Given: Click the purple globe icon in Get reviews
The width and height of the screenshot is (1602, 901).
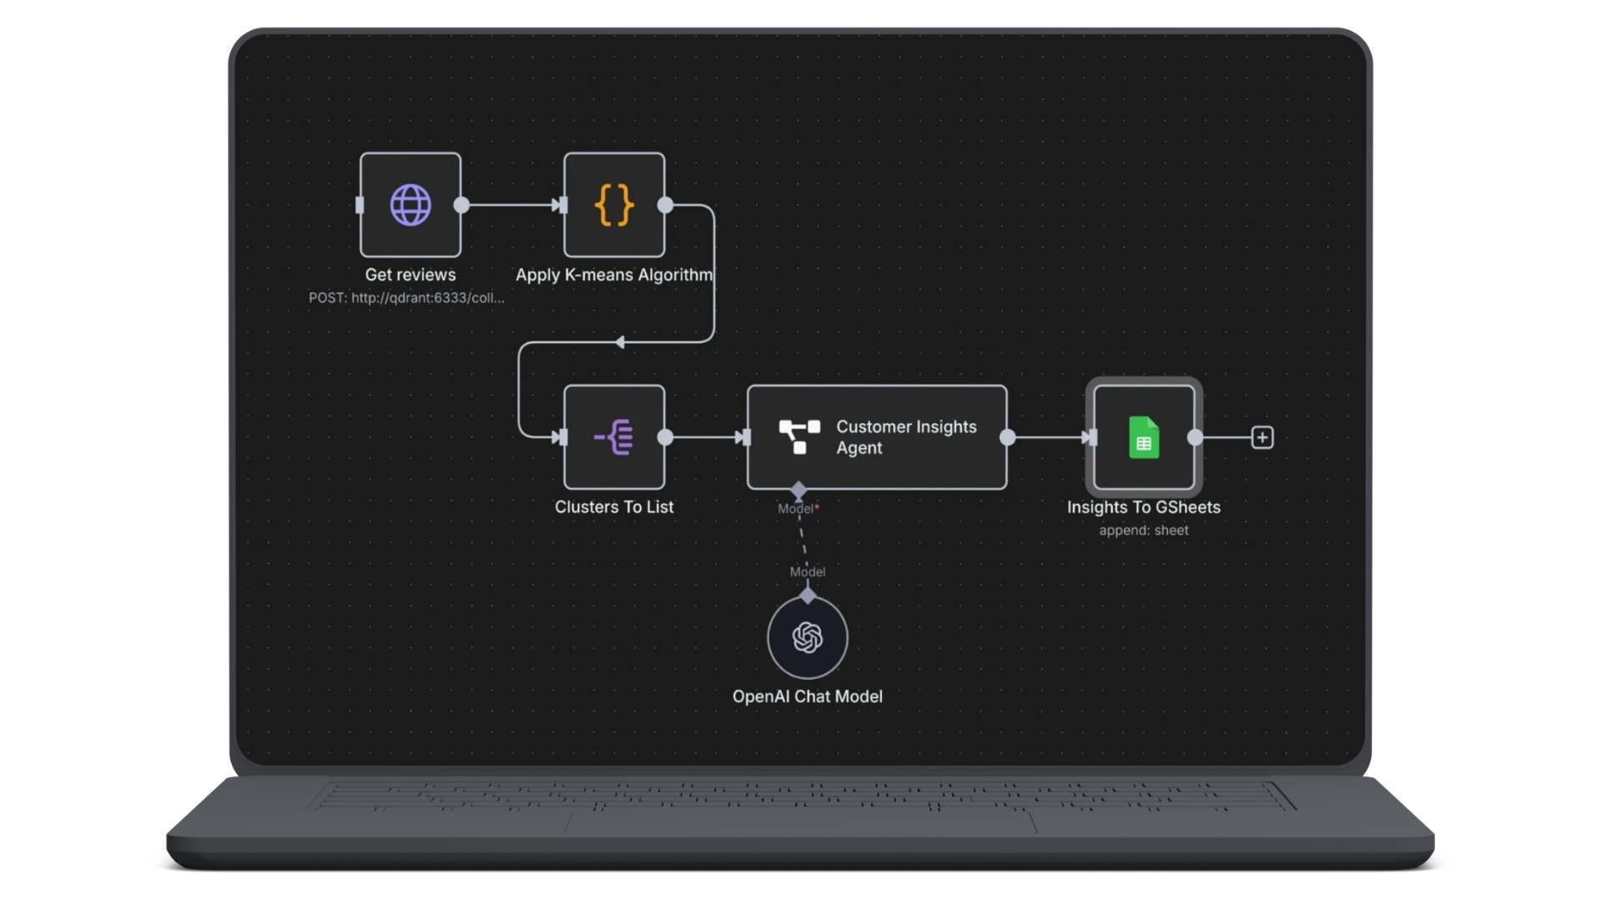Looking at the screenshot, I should (x=411, y=205).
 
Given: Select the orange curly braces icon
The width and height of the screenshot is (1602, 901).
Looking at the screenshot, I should (x=614, y=205).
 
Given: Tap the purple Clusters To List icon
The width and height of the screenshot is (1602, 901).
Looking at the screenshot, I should (x=614, y=437).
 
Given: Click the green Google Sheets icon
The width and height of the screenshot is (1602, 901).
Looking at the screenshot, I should (x=1144, y=437).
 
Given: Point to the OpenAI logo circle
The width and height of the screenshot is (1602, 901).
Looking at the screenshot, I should (x=808, y=638).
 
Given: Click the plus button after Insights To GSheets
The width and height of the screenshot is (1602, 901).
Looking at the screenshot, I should (x=1262, y=437).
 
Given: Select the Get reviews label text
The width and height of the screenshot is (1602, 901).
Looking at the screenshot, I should (x=411, y=274).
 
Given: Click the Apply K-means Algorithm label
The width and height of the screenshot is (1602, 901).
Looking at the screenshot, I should (x=614, y=274).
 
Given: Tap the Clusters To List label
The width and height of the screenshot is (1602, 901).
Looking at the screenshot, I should (x=614, y=506).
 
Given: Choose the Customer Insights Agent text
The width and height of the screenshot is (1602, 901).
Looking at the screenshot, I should (x=905, y=437).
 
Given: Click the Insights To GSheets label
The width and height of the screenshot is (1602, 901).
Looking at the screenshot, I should (x=1143, y=507).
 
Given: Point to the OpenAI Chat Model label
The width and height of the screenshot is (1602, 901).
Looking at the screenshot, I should (x=807, y=697).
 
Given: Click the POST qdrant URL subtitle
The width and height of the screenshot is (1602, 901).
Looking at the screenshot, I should (x=406, y=298).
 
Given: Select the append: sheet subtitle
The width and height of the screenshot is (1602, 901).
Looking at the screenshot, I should (x=1143, y=531).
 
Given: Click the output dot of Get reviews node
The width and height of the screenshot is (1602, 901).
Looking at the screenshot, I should (x=461, y=205).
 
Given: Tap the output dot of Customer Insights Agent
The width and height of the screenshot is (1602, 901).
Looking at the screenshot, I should (x=1008, y=437).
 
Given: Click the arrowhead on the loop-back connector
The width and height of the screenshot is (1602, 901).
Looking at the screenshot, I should (x=620, y=342).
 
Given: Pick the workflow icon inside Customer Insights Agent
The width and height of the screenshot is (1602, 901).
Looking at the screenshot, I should (x=799, y=437).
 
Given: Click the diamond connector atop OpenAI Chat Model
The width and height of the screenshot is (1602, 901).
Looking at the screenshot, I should (x=808, y=596).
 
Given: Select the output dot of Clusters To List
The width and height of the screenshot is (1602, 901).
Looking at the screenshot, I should (x=665, y=437).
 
